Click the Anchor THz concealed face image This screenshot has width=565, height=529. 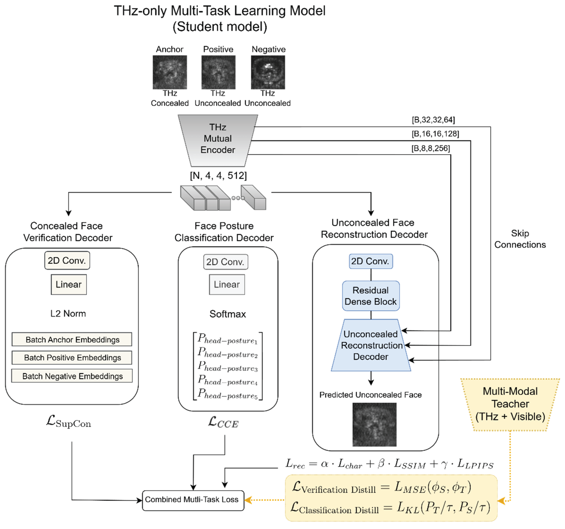(x=170, y=72)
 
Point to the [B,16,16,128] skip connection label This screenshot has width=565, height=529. (x=435, y=134)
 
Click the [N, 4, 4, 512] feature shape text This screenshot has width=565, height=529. (x=218, y=176)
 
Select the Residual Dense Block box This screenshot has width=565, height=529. (x=371, y=296)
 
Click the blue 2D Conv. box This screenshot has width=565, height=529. (x=371, y=261)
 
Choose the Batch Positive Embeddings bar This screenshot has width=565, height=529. (x=72, y=358)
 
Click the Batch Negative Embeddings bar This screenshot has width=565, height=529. (x=72, y=376)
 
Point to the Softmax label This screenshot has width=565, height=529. (x=228, y=314)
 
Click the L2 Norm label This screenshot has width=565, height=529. (x=68, y=314)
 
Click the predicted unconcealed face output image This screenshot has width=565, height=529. (x=374, y=424)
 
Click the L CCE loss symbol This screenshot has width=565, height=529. (x=223, y=422)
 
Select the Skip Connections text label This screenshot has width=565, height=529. (x=520, y=239)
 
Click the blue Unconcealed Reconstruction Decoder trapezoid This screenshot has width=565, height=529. (x=371, y=345)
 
